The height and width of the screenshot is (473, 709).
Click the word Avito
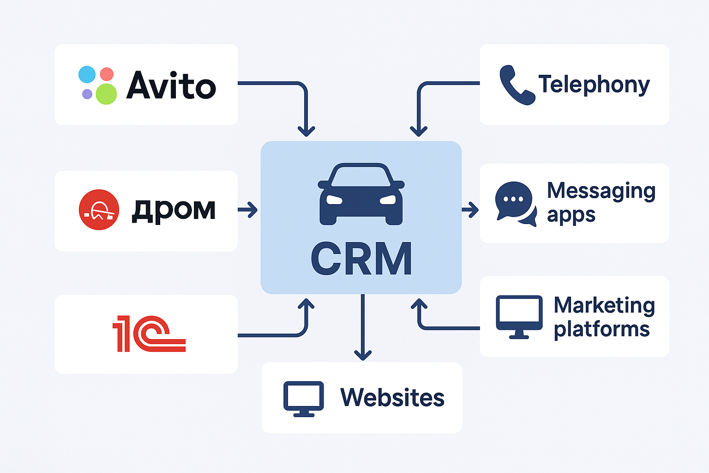coord(171,86)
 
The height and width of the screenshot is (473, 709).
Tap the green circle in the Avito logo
coord(106,94)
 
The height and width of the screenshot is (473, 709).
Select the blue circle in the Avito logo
coord(87,74)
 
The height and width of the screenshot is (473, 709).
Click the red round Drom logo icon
coord(99,210)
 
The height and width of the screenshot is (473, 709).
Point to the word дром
coord(174,210)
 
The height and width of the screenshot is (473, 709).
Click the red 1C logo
coord(149,334)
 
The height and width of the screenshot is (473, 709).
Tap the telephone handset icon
coord(516,85)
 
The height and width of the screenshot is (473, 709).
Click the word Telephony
coord(594,85)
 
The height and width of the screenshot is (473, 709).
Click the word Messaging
coord(601,191)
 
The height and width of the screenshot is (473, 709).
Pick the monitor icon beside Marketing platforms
coord(519,316)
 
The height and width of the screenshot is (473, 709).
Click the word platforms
coord(601,329)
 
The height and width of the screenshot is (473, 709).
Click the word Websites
coord(392,397)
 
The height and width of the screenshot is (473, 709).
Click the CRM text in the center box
coord(361,259)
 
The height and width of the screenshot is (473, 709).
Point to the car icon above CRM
coord(361,194)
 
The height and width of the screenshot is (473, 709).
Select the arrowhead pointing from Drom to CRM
coord(252,210)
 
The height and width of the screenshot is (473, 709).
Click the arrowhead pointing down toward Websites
coord(363,354)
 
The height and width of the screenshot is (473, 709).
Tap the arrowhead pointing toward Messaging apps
coord(473,210)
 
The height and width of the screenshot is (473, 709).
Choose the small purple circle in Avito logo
coord(87,94)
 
